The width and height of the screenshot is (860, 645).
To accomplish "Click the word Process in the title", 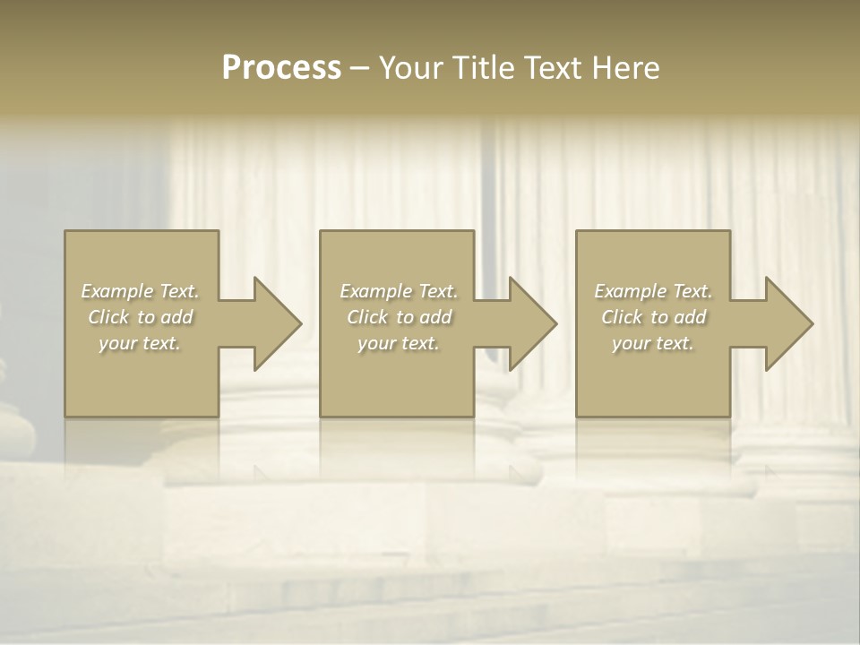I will [x=281, y=68].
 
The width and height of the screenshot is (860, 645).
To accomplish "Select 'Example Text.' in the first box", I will [x=141, y=291].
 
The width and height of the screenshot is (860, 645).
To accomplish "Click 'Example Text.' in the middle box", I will [x=399, y=291].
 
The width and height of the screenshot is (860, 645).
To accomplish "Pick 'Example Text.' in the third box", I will [x=653, y=291].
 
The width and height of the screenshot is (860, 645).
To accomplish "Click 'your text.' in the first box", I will [x=140, y=343].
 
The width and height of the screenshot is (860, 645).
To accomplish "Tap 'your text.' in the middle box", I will [x=398, y=343].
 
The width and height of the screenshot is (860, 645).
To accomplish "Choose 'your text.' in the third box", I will [x=653, y=343].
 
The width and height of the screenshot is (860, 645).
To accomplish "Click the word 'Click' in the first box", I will [x=108, y=317].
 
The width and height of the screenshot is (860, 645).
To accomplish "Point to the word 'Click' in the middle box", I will [x=367, y=317].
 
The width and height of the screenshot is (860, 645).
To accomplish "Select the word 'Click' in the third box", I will [x=622, y=317].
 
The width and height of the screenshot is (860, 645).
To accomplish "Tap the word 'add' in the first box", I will [x=177, y=317].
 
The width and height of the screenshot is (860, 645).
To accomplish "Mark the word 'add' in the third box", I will [x=691, y=317].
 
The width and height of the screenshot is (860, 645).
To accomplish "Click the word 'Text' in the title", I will [x=555, y=68].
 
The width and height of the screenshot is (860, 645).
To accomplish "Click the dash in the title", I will [x=360, y=68].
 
